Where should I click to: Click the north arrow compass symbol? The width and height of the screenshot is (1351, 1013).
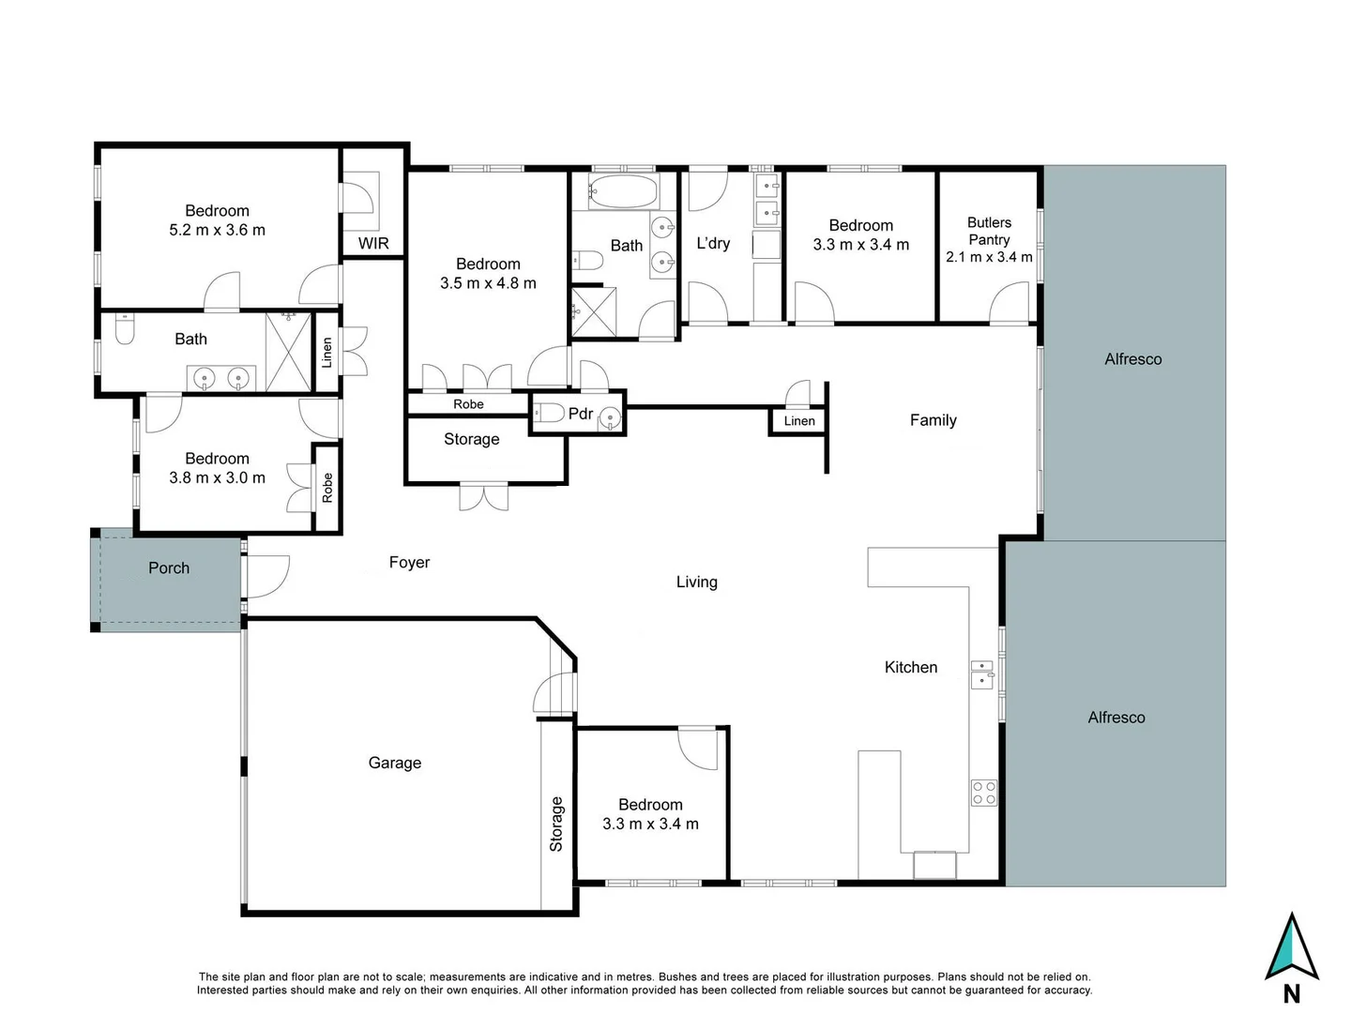coord(1292,947)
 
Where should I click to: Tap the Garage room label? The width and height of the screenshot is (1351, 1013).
coord(394,763)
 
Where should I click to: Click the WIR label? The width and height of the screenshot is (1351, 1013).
coord(372,243)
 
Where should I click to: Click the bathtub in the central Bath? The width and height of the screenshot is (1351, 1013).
coord(623,191)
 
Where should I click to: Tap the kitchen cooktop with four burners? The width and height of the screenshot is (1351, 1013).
coord(983,793)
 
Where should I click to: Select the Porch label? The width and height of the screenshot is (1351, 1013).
coord(169,567)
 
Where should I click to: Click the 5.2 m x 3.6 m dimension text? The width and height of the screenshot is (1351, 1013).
coord(217,230)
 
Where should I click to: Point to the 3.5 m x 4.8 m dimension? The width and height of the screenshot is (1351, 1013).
coord(488,283)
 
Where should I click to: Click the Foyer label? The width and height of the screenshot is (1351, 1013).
coord(409,562)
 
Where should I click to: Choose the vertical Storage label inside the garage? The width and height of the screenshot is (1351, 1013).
coord(556,824)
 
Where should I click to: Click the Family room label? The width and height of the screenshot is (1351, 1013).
coord(933,420)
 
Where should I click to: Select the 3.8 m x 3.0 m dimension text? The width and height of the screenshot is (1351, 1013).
coord(217,477)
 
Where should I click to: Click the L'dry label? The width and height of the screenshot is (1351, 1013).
coord(712,243)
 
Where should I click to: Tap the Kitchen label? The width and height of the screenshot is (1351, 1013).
coord(910,667)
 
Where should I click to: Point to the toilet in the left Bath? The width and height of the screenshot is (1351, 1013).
coord(125,329)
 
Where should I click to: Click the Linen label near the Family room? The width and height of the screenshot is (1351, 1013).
coord(799,421)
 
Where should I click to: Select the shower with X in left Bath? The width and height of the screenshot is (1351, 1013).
coord(288,353)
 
